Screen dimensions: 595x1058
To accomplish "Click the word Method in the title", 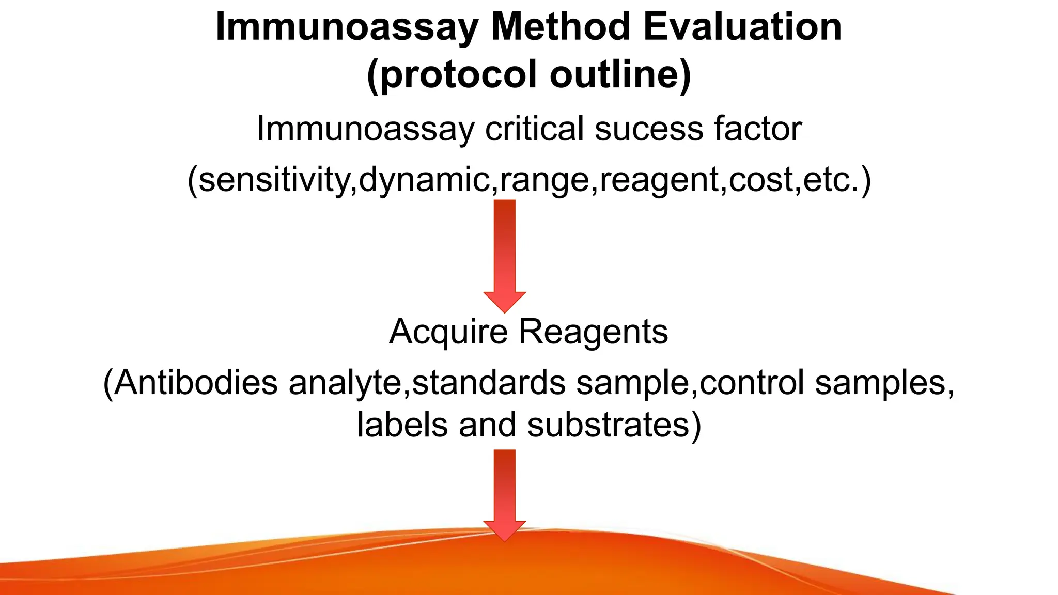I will (x=561, y=27).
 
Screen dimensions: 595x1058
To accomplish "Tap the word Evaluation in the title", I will (x=742, y=27).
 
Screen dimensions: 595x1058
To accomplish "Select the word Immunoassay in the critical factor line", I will (x=365, y=129).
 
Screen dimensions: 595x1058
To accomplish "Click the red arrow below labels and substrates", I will (x=505, y=493).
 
